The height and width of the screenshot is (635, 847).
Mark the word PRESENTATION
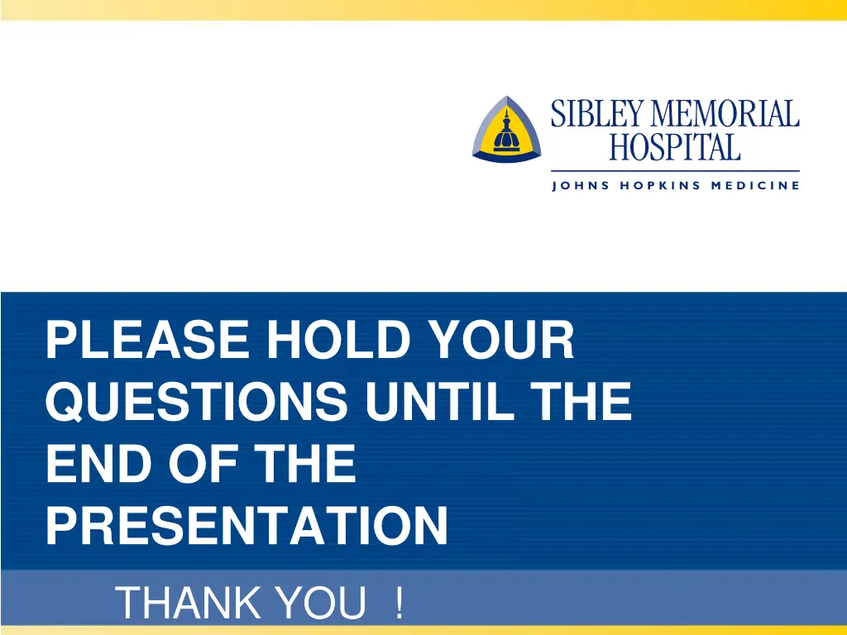point(246,526)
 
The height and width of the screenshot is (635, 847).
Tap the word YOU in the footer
point(322,604)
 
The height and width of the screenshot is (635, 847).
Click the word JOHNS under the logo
point(581,185)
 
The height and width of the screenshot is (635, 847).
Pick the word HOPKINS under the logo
point(661,185)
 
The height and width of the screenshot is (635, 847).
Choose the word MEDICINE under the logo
point(755,185)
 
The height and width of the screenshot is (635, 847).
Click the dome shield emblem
point(506,128)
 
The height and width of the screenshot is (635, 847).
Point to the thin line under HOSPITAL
point(675,170)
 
